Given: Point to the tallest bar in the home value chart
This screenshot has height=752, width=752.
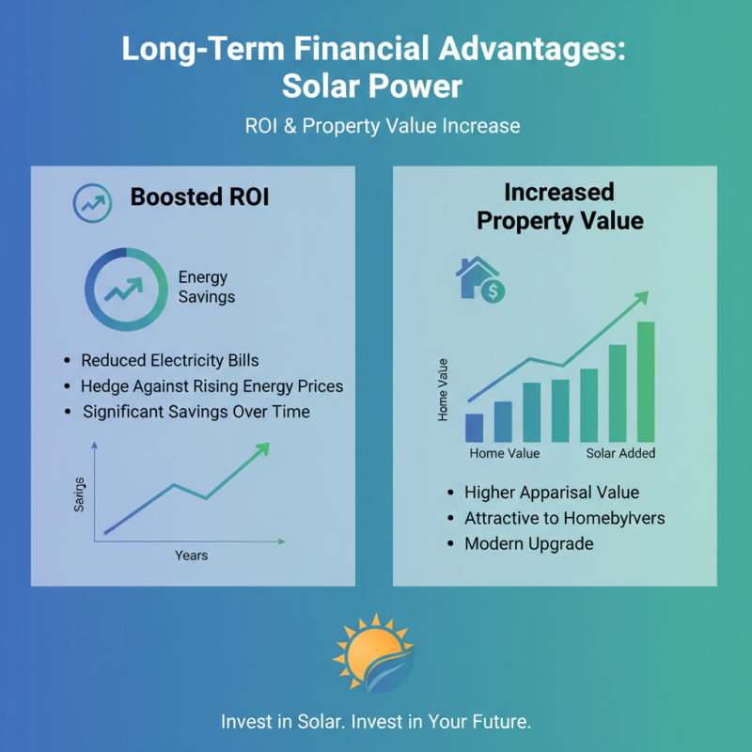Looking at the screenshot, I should coord(646,382).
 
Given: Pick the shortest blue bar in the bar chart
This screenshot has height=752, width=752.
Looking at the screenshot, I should coord(475,428).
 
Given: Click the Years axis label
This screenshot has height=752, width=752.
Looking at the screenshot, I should coord(191,556).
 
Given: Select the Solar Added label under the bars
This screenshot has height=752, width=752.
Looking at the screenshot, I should coord(620,453).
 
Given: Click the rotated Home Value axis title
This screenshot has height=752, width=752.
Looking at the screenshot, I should coord(444,389).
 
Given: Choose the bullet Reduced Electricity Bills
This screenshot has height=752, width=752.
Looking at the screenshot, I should coord(169,360).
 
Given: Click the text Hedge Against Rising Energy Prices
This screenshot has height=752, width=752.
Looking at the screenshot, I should coord(211,386).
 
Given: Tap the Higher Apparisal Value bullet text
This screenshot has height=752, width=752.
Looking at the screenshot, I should coord(551,493).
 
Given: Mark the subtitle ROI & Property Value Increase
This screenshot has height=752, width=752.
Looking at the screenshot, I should coord(376,126).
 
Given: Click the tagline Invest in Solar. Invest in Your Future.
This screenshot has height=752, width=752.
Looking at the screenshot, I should coord(376,722).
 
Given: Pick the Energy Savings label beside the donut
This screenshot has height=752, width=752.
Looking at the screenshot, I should coord(206,288).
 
